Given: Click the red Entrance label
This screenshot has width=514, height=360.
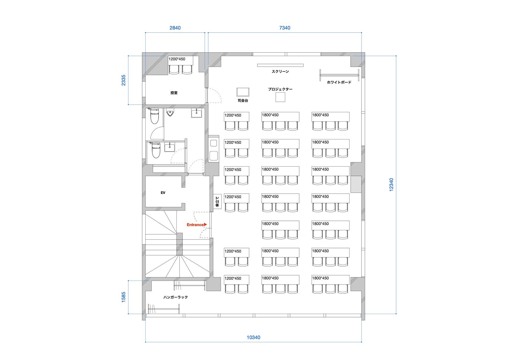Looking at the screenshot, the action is tap(195, 225).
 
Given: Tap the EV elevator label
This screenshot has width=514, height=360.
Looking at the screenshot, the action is tap(163, 193).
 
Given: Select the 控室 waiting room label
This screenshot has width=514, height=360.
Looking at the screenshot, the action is tap(174, 93).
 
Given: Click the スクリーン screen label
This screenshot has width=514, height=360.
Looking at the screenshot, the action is tap(280, 71).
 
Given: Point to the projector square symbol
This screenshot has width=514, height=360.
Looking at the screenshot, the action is tap(280, 97).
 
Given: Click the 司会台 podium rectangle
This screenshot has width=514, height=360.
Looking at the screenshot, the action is tap(243, 92).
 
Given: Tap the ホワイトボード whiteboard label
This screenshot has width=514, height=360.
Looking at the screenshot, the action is tap(339, 82).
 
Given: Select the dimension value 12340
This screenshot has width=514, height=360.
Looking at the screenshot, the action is tap(391, 185).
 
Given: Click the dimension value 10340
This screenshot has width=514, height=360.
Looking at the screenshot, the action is tap(253, 337).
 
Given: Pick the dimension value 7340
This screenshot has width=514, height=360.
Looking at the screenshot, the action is tap(285, 28).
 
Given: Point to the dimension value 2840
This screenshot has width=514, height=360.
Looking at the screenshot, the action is tap(175, 28).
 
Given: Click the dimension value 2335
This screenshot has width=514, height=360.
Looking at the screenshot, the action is tap(123, 80).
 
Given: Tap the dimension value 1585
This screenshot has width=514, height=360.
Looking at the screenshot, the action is tap(123, 297).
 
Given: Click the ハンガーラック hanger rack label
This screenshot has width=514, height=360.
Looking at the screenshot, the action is tap(176, 297).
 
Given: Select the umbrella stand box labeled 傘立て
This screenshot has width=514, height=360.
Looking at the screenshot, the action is tap(217, 201).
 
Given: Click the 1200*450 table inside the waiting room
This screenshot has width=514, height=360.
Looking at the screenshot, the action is tap(180, 61).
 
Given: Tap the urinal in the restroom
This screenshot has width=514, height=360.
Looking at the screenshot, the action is tap(170, 113).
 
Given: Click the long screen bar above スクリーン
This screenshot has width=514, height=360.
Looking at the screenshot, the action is tap(280, 65).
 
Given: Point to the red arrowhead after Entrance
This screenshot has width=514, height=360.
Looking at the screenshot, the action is tap(205, 225).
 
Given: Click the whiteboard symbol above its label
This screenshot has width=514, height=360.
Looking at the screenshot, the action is tap(339, 75).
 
